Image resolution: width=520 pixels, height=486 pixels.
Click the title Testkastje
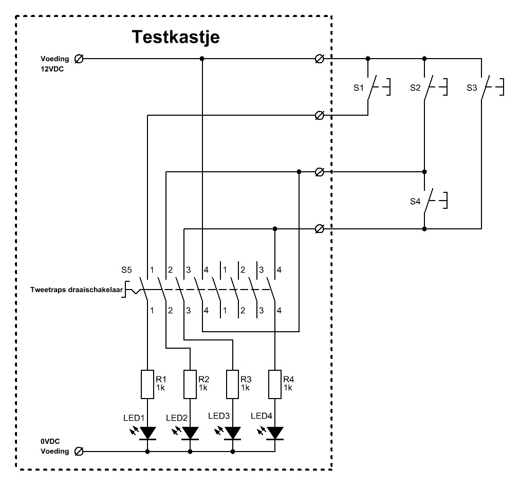click(x=176, y=37)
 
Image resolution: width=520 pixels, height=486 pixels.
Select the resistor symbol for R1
click(x=148, y=384)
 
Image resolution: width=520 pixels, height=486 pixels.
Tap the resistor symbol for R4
click(x=275, y=384)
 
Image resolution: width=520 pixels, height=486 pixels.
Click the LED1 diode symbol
click(x=148, y=433)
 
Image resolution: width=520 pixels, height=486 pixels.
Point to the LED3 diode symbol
click(x=233, y=433)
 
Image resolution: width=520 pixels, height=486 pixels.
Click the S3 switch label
click(x=472, y=88)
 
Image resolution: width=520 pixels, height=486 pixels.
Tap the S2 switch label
click(x=415, y=88)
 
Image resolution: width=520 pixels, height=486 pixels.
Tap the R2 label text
click(x=203, y=380)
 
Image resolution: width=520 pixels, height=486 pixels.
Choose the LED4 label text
click(x=261, y=416)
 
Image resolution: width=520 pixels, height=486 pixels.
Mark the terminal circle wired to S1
click(x=319, y=115)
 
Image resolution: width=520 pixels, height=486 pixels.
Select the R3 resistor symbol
click(x=233, y=384)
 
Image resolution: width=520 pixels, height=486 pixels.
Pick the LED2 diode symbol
click(x=191, y=433)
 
